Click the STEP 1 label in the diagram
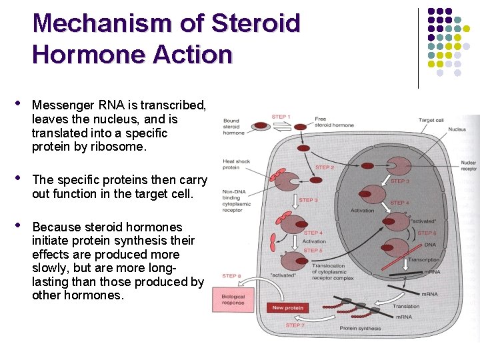point(281,117)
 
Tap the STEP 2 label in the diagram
point(325,168)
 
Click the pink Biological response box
point(229,299)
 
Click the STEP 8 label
point(231,275)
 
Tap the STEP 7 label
point(294,325)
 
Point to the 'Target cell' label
point(431,120)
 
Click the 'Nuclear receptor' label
point(469,165)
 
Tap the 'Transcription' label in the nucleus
point(423,259)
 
